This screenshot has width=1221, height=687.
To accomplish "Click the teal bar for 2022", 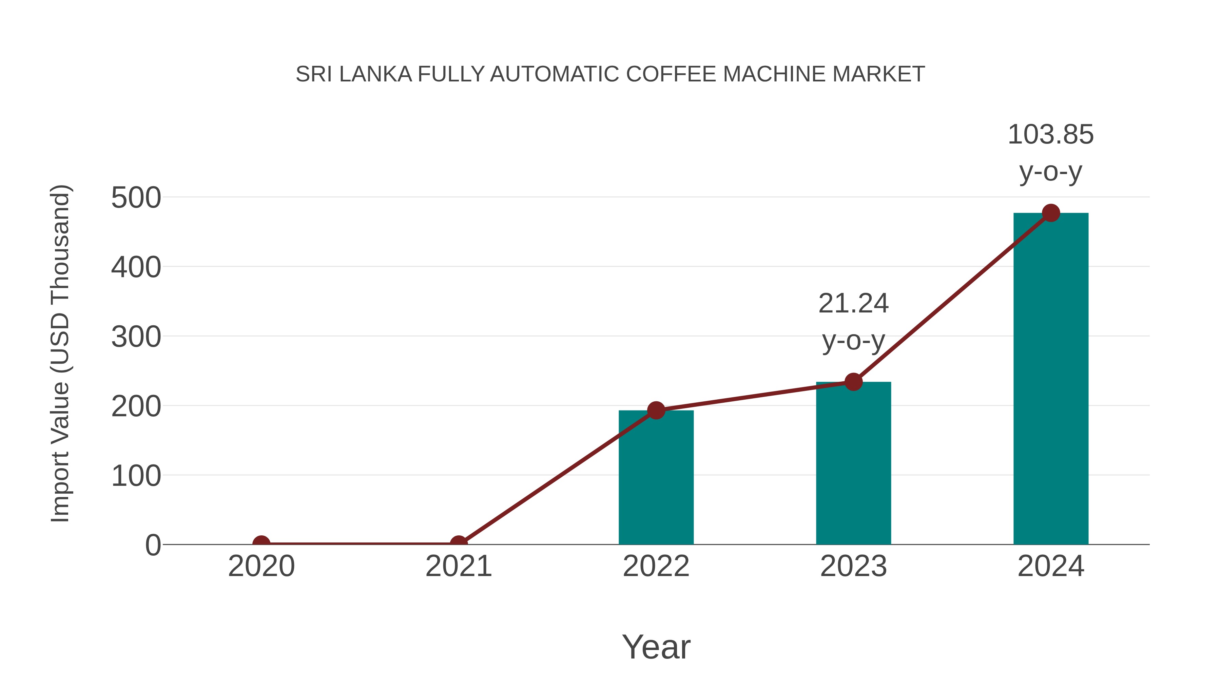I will coord(656,479).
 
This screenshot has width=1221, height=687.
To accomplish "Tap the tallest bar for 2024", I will coord(1051,379).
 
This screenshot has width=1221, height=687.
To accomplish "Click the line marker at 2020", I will coord(261,543).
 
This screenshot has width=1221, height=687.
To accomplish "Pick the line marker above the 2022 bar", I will coord(656,410).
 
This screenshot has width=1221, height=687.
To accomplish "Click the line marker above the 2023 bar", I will coord(853,382).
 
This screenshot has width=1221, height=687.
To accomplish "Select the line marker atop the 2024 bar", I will coord(1051,213).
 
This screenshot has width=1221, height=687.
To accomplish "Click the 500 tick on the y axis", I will coord(136,198).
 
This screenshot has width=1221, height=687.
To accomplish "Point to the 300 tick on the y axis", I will coord(136,337).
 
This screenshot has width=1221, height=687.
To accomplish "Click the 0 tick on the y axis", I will coord(153,545).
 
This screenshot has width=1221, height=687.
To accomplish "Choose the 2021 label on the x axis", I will coord(458,566).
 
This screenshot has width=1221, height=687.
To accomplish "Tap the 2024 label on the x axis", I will coord(1050,566).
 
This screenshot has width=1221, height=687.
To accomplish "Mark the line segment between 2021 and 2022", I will coord(557,477).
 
